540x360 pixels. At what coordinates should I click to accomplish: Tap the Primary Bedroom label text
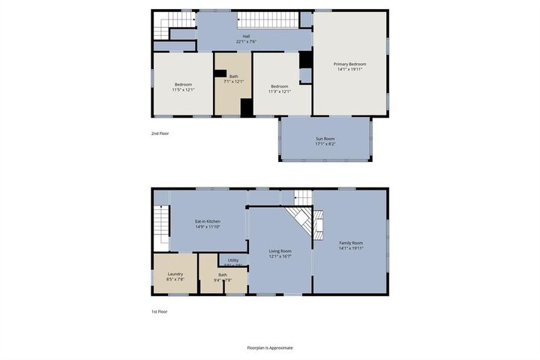click(x=349, y=64)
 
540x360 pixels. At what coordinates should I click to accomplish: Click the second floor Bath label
click(x=234, y=76)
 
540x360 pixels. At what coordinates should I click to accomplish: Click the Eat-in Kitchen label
click(x=208, y=221)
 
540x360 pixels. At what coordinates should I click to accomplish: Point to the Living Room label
click(x=280, y=251)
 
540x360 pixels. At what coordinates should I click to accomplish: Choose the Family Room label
click(x=351, y=243)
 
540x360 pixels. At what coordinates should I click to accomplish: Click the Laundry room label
click(x=175, y=274)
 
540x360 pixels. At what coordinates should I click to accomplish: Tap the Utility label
click(x=233, y=259)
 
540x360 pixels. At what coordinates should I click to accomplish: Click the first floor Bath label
click(x=223, y=274)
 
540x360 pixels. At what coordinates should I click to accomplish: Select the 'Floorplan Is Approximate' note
click(x=270, y=348)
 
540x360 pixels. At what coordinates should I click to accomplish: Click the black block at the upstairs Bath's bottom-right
click(x=246, y=107)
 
